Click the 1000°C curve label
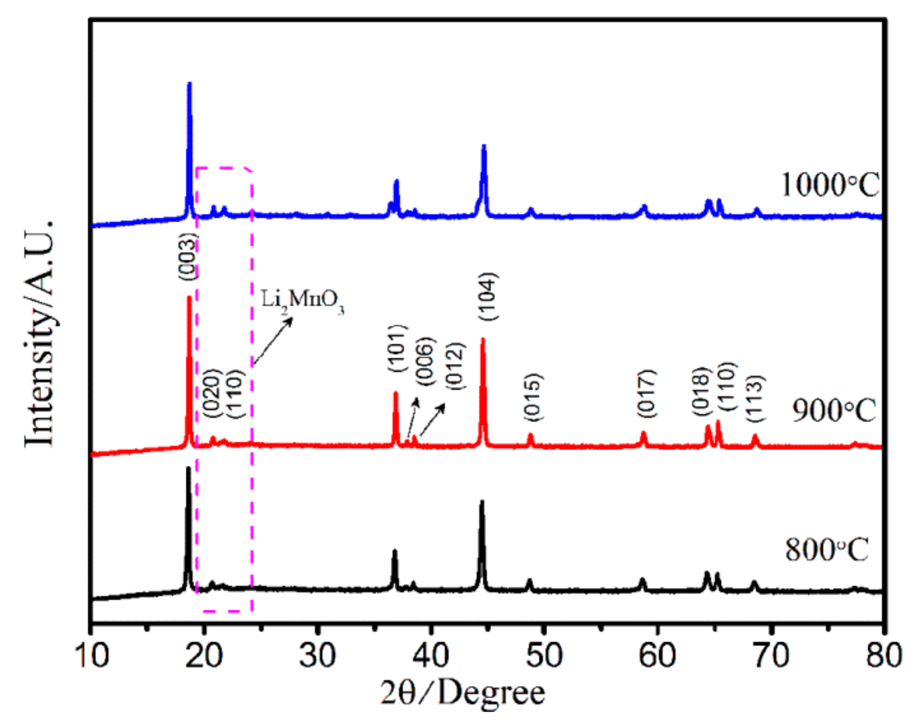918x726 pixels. [x=830, y=186]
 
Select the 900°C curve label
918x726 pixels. [x=834, y=411]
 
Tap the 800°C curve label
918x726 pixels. [x=827, y=549]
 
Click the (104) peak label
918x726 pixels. [x=487, y=296]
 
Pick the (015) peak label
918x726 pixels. [x=533, y=397]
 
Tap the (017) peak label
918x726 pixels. [x=646, y=394]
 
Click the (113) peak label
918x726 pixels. [x=755, y=398]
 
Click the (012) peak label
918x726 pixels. [x=454, y=366]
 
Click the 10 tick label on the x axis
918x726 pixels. [x=91, y=655]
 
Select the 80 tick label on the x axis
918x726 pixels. [x=883, y=655]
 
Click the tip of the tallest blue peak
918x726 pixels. [x=189, y=84]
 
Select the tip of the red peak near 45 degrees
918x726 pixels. [x=483, y=339]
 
